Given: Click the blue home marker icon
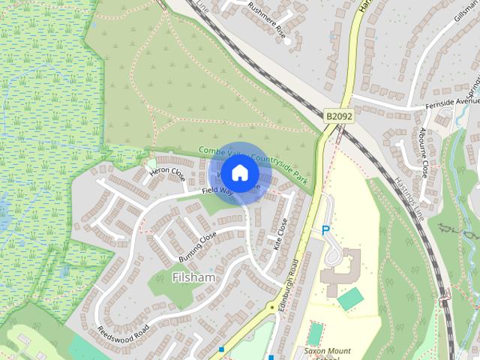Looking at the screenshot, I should [239, 172].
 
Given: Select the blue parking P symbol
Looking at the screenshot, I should [325, 230].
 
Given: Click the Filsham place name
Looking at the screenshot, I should [193, 277].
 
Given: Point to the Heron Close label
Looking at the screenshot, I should [166, 172].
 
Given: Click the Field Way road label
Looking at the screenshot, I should [217, 192].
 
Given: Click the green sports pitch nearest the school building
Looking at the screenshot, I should [350, 299].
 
